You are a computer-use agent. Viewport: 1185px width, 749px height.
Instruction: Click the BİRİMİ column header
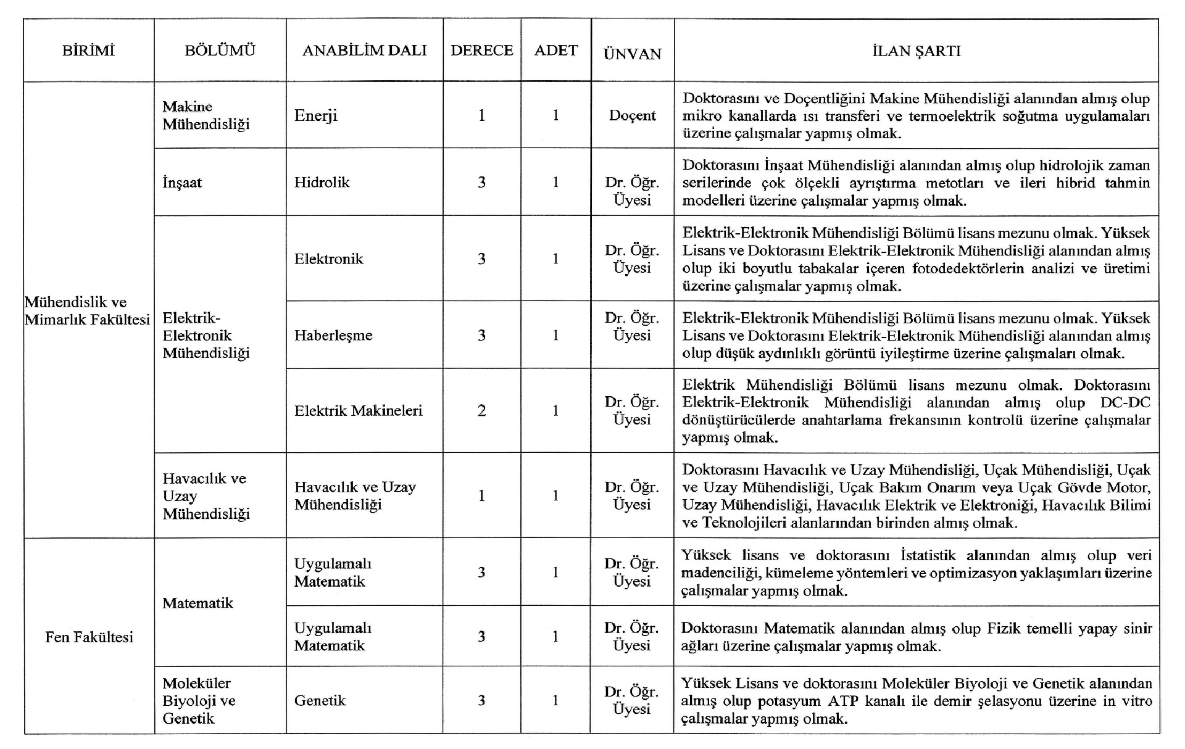click(88, 51)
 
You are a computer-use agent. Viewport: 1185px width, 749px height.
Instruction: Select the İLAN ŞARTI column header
click(916, 51)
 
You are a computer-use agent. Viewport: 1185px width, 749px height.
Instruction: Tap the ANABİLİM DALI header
click(364, 51)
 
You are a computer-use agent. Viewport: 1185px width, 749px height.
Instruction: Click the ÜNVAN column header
click(632, 54)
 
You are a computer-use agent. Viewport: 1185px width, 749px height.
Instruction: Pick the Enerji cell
click(316, 115)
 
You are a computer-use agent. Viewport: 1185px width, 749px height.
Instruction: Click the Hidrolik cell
click(322, 182)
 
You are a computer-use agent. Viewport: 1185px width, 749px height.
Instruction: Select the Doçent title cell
click(632, 115)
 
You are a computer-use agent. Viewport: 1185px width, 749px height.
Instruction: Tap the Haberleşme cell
click(333, 335)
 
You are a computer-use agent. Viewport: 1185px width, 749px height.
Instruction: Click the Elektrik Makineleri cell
click(358, 410)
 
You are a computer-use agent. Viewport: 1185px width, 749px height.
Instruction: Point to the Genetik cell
click(320, 700)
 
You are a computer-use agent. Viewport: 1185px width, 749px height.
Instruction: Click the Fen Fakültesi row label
click(89, 637)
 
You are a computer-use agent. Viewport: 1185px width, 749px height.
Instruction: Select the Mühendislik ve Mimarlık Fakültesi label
click(88, 311)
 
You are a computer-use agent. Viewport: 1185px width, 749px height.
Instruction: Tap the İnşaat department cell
click(182, 183)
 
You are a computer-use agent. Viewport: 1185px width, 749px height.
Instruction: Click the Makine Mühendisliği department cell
click(206, 115)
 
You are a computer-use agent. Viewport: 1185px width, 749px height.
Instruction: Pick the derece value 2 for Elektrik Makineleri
click(481, 410)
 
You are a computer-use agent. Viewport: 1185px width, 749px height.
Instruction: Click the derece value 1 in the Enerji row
click(481, 115)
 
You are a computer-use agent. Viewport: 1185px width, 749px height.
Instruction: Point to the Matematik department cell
click(197, 603)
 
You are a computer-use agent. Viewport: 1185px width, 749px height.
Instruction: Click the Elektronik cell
click(328, 259)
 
